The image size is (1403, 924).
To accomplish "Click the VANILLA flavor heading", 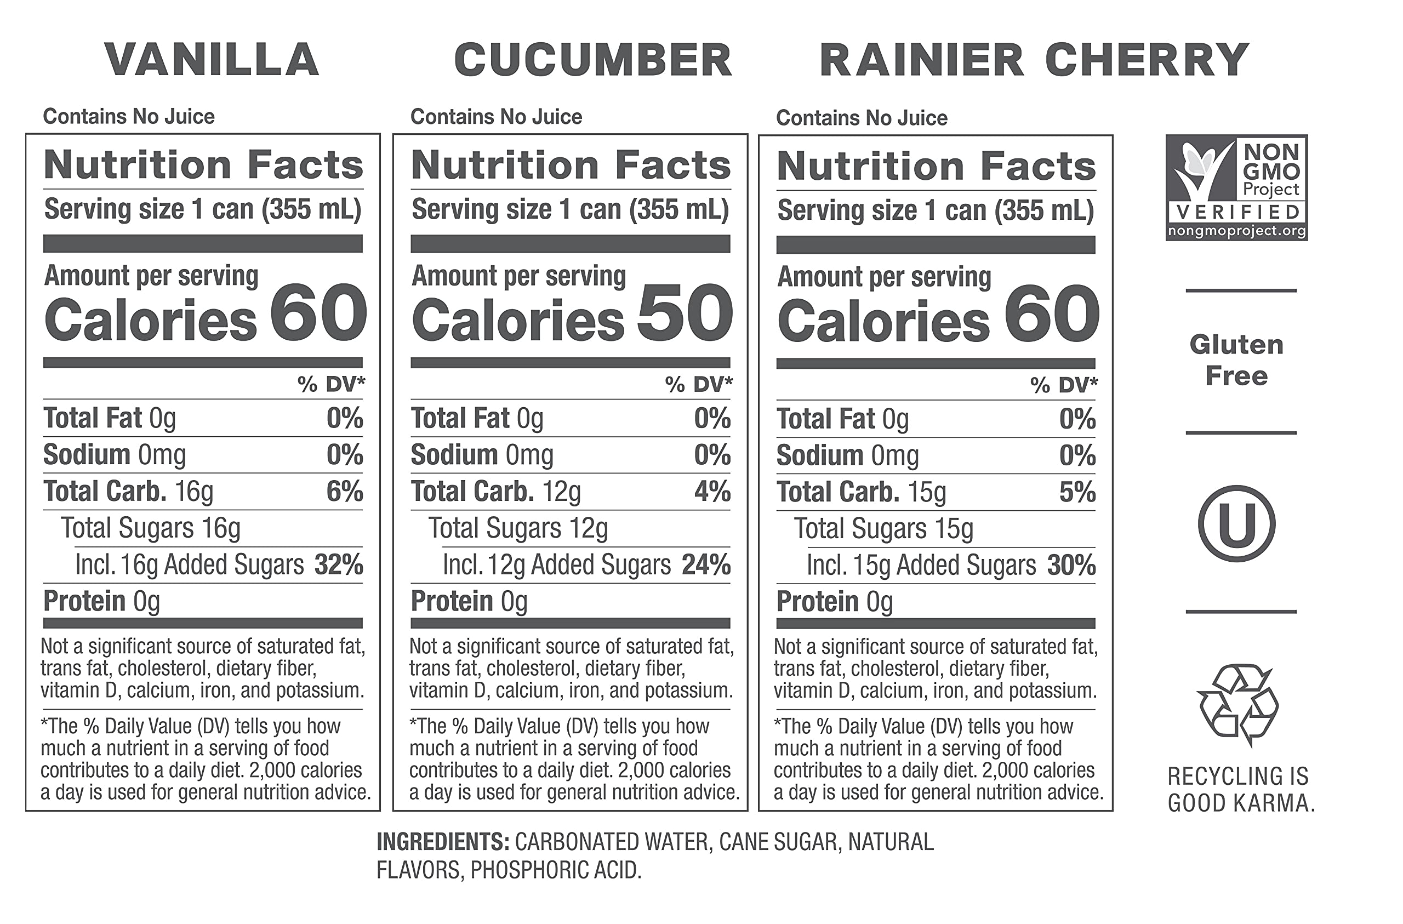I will tap(212, 60).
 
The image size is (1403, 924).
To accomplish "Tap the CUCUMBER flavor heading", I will tap(593, 60).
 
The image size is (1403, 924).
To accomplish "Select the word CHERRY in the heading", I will tap(1147, 60).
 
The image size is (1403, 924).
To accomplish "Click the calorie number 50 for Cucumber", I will tap(685, 312).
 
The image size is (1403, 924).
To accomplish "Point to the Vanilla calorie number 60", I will tap(318, 312).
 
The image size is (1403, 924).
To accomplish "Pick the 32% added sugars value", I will tap(338, 565).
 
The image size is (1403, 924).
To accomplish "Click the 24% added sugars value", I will tap(706, 565).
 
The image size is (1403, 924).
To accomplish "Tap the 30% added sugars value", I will tap(1071, 566).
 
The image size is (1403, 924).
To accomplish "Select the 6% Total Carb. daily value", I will tap(345, 491).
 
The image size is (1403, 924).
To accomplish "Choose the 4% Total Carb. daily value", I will tap(712, 491).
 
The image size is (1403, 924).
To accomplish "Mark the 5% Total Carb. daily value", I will tap(1077, 492).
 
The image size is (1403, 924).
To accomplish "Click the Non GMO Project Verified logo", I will tap(1236, 187).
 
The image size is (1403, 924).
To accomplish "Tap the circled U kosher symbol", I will tap(1236, 523).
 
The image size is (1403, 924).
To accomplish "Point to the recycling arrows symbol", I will tap(1237, 704).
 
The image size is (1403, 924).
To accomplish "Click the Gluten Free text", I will tap(1236, 360).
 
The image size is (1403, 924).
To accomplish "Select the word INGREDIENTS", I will tap(443, 842).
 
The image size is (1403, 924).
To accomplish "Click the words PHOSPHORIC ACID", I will tap(555, 870).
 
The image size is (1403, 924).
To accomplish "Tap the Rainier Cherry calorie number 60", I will tap(1051, 313).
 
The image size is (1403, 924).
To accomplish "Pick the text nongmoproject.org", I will tap(1236, 231).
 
